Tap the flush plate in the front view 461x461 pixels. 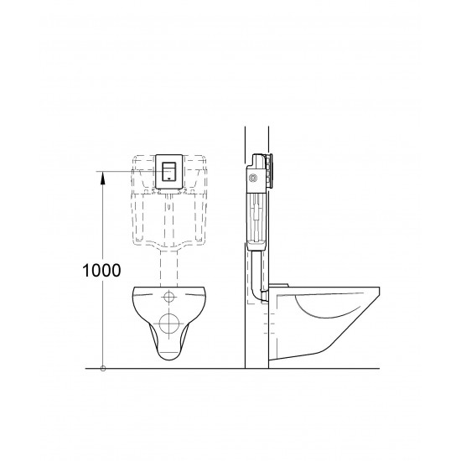[x=169, y=173]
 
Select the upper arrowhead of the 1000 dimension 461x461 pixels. [x=103, y=175]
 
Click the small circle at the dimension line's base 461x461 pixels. [x=103, y=368]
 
